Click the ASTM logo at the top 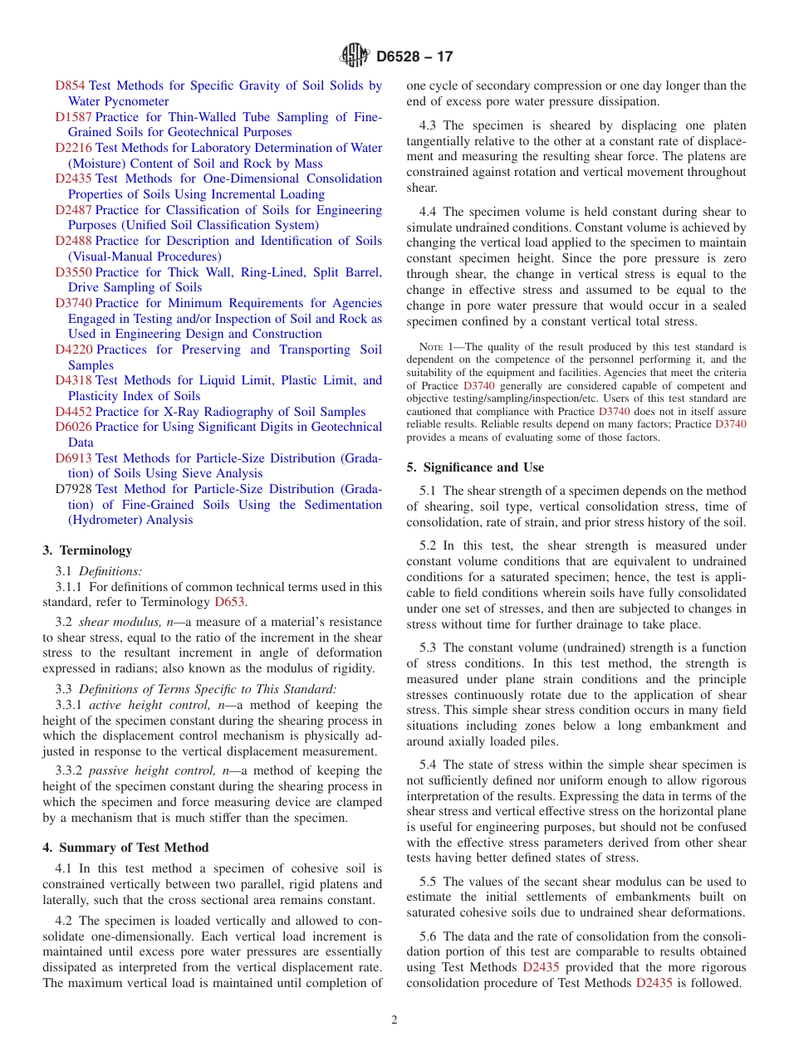tap(355, 56)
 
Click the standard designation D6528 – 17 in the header tap(414, 57)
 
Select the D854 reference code tap(70, 86)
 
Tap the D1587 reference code tap(73, 117)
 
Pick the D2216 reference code tap(73, 148)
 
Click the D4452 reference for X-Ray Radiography tap(73, 412)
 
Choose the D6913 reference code tap(73, 458)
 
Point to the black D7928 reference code tap(73, 489)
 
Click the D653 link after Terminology tap(229, 602)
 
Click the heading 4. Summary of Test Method tap(125, 848)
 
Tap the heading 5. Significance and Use tap(475, 467)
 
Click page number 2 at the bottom tap(394, 1020)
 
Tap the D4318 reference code tap(73, 380)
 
